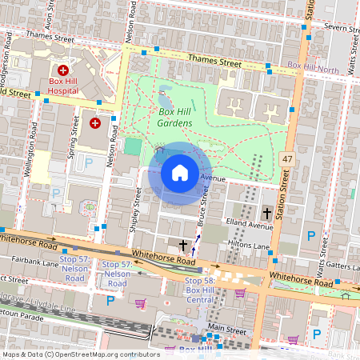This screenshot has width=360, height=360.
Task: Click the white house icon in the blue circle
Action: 180,173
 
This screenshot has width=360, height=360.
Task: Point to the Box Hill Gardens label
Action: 175,117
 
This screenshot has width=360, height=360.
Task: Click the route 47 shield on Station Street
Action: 287,160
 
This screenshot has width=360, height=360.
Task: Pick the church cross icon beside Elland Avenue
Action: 267,213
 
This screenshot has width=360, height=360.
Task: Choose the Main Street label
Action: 227,327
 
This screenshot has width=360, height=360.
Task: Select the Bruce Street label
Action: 204,206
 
